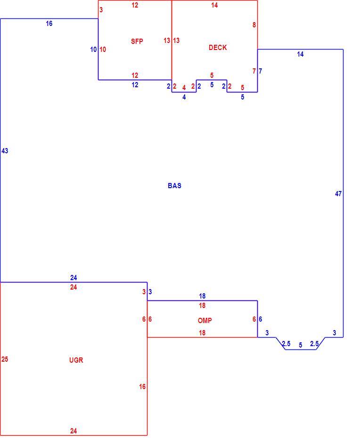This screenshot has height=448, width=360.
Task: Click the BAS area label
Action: (174, 186)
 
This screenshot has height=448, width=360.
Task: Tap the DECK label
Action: (218, 48)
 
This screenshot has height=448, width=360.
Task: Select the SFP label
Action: (137, 41)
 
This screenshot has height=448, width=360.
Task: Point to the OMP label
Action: (205, 321)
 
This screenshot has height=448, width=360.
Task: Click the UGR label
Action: (76, 360)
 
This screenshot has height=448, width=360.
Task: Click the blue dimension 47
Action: (338, 194)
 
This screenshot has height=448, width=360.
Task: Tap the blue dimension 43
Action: (5, 151)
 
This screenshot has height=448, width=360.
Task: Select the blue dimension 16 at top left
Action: (49, 24)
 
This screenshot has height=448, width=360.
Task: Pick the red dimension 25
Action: (5, 359)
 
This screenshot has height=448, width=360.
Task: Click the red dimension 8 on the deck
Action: (254, 25)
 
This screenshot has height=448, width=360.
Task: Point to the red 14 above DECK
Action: (214, 5)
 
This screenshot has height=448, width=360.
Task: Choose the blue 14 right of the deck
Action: (300, 54)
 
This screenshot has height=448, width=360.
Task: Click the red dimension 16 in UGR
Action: (142, 387)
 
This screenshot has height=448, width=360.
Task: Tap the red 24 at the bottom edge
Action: (74, 431)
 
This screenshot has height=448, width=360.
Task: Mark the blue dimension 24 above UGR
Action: (74, 277)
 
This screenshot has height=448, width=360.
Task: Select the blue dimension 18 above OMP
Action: (202, 296)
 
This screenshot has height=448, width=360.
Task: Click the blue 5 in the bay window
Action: (300, 345)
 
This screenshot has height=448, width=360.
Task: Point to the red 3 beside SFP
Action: (101, 10)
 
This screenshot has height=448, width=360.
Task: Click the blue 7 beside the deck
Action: (261, 71)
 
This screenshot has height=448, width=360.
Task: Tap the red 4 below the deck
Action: (184, 88)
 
